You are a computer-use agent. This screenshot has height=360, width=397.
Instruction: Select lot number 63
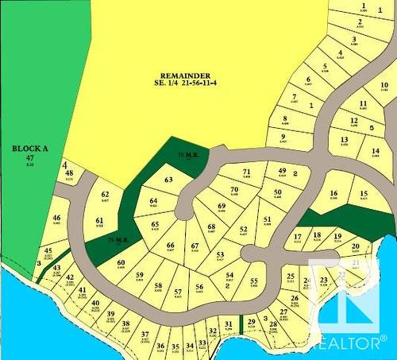point(168,180)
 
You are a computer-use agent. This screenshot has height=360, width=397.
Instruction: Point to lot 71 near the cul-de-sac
point(247,172)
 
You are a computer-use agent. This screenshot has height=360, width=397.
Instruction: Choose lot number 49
point(282,172)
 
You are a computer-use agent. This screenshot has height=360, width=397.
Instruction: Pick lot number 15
point(364,194)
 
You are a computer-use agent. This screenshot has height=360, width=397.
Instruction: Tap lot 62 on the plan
point(105,195)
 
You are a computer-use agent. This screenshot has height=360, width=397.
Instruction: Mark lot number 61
point(99,222)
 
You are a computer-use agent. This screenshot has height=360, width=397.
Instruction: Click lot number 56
point(199,287)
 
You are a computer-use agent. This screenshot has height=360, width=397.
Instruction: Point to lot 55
point(254,281)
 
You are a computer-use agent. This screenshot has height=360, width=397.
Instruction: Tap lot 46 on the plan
point(56,218)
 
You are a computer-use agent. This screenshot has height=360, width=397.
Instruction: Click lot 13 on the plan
point(344,140)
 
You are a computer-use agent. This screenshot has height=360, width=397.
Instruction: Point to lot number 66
point(170,246)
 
